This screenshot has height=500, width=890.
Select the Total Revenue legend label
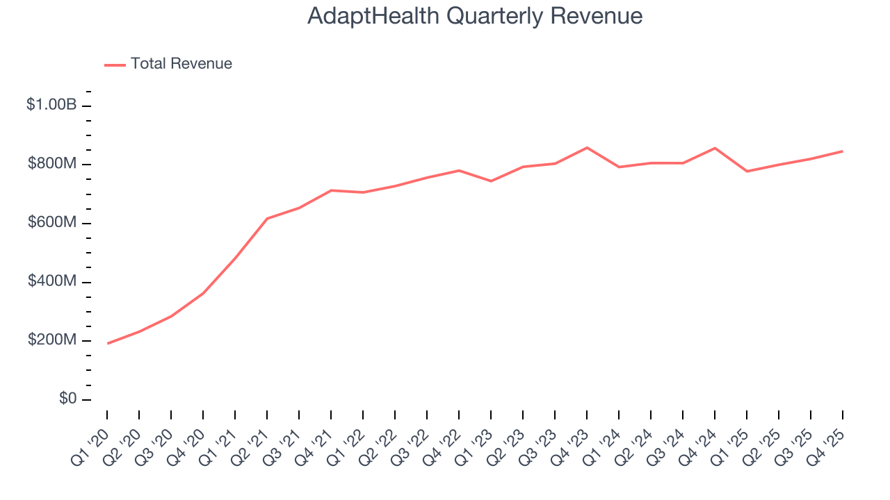click(x=181, y=64)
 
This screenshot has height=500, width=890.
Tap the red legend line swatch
click(x=115, y=65)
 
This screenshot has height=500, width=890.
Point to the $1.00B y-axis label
click(x=51, y=105)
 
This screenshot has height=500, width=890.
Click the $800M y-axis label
click(x=51, y=164)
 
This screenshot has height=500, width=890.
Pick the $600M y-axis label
click(x=51, y=223)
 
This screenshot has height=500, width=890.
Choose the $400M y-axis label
click(x=51, y=282)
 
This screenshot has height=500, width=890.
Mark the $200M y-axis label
click(x=51, y=340)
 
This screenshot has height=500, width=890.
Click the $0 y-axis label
click(x=67, y=399)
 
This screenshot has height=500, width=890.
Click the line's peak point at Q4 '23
click(x=587, y=148)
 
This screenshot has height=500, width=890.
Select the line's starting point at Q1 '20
click(x=107, y=343)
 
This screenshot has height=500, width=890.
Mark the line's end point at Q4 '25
click(x=843, y=151)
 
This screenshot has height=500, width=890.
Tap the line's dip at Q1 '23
click(x=491, y=181)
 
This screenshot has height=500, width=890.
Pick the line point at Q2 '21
click(x=267, y=219)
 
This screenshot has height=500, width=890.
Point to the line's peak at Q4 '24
click(x=715, y=148)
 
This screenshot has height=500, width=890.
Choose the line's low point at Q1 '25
click(x=747, y=172)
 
